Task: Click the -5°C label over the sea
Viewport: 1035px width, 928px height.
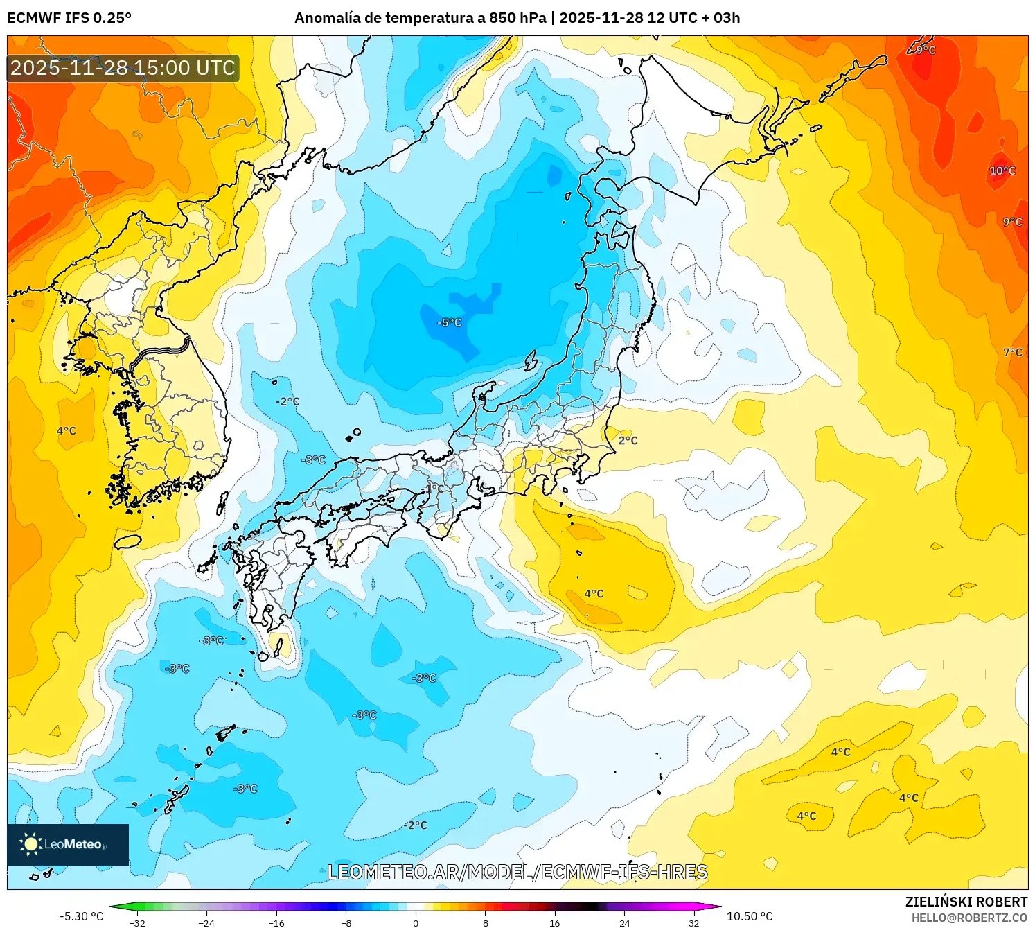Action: pos(449,323)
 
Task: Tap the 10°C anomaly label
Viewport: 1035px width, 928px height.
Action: pos(1002,170)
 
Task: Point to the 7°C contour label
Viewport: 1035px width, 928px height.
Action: pos(1012,352)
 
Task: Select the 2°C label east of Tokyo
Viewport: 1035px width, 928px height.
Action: pos(628,440)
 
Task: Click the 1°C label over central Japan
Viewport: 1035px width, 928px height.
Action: pos(434,488)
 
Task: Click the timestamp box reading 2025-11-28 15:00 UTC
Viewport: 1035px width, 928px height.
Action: pos(123,68)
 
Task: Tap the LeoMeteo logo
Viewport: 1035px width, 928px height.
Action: pos(68,844)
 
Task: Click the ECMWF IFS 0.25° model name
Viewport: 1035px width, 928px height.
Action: pos(69,18)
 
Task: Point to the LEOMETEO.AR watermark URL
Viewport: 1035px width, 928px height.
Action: pos(517,872)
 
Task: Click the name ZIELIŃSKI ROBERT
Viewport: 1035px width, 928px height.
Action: pos(966,902)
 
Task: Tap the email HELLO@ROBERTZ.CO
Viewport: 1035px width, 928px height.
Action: pos(969,918)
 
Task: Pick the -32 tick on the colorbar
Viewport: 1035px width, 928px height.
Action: pos(137,922)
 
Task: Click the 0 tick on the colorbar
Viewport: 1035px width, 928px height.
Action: pos(416,922)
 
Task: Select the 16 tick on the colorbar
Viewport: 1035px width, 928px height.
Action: pos(554,922)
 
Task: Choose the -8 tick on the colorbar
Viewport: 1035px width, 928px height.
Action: pos(346,922)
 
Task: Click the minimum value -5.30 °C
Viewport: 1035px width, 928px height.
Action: pos(81,916)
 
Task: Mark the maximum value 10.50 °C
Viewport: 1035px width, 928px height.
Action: pos(750,916)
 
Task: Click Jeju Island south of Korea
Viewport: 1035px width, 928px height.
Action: pos(127,541)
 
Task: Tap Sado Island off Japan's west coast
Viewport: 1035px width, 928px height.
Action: pos(531,361)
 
